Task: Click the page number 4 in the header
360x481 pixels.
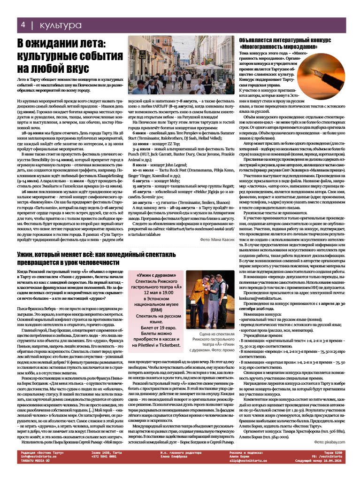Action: pyautogui.click(x=22, y=24)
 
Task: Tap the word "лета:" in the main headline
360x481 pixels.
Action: pyautogui.click(x=92, y=45)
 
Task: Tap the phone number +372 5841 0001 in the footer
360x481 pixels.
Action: pyautogui.click(x=104, y=456)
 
